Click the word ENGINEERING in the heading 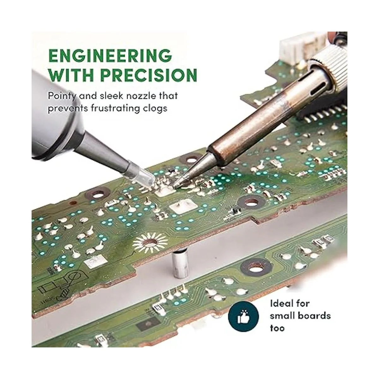tap(110, 55)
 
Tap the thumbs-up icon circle tap(244, 317)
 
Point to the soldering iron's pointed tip tap(174, 186)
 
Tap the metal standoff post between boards tap(180, 264)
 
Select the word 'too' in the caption tap(277, 328)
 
